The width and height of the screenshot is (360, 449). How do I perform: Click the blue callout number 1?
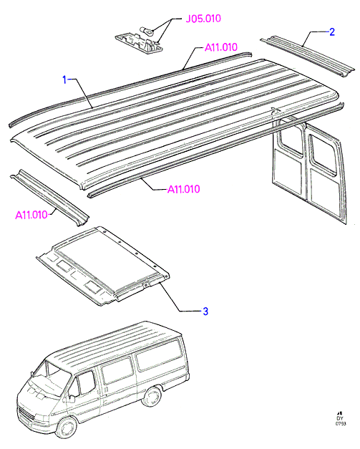(64, 80)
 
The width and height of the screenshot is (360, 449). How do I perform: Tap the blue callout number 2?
(332, 32)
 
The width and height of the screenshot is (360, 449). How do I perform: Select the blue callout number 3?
(205, 311)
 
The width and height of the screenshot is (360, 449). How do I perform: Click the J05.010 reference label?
(203, 19)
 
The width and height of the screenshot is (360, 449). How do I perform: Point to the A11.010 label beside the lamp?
(221, 47)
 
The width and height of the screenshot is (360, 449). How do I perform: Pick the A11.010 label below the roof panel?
(183, 189)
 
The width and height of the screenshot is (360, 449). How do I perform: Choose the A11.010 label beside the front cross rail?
(31, 215)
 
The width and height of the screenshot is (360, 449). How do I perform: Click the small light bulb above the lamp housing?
(147, 31)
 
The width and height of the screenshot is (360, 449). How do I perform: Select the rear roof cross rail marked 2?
(308, 56)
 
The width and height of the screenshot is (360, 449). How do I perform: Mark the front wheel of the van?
(67, 428)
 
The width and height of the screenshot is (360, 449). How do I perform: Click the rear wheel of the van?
(152, 397)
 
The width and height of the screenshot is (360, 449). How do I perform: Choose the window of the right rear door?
(323, 154)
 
